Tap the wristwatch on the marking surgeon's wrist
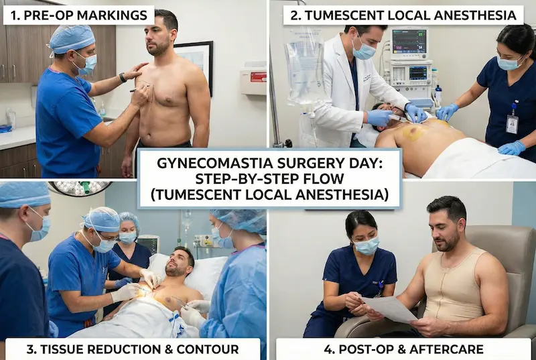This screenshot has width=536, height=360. coord(123,77)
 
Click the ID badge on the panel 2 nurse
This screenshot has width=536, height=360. coord(512,122)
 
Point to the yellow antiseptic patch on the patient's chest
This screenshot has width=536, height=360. coord(413,132)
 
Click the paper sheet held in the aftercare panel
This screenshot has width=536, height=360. coord(391,308)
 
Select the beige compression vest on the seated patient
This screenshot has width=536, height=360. coord(458,288)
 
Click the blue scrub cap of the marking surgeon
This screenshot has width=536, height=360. coord(72,38)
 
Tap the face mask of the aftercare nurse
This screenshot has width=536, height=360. coord(366,246)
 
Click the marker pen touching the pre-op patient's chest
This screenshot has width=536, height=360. coord(138,89)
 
